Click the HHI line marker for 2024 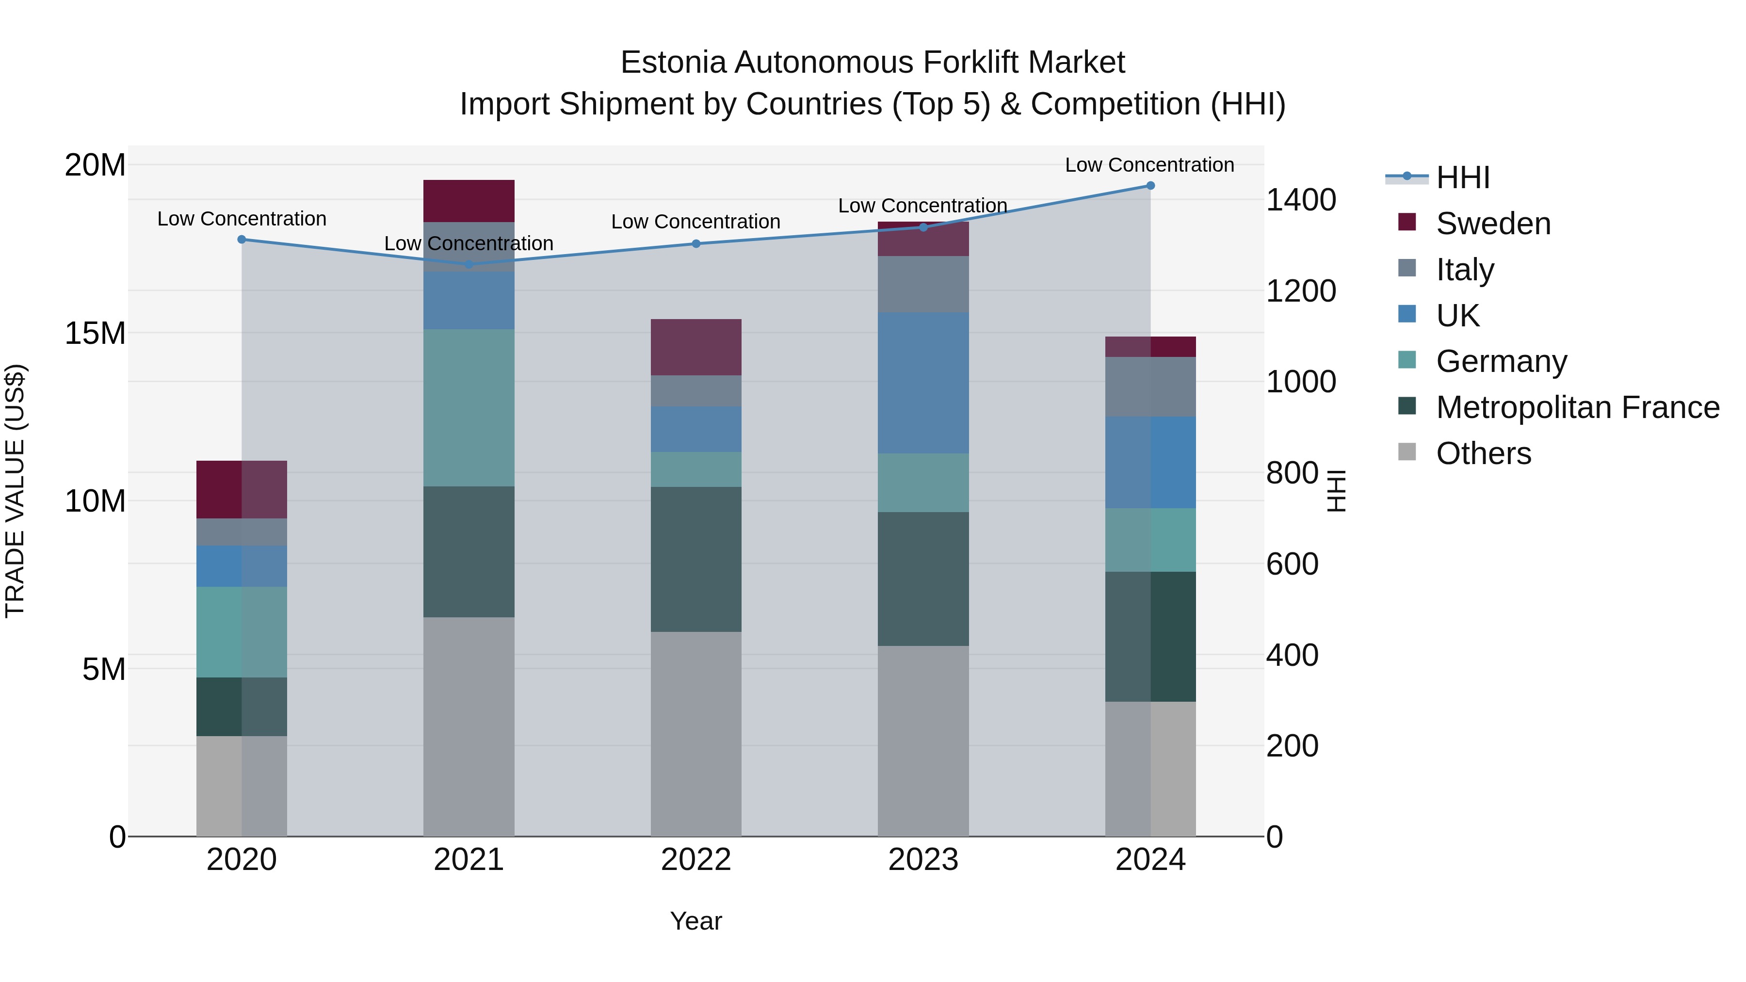click(1150, 186)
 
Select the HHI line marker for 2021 click(469, 264)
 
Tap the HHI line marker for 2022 click(696, 243)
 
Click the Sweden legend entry click(1492, 224)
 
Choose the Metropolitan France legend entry click(1577, 407)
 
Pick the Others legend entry click(1483, 453)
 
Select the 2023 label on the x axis click(923, 860)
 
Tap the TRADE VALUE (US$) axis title click(15, 491)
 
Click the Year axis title click(696, 921)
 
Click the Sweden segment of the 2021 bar click(469, 201)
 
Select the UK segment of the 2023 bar click(923, 383)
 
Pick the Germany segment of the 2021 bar click(469, 407)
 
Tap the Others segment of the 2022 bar click(696, 734)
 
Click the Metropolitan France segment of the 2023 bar click(923, 579)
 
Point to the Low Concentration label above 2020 click(242, 219)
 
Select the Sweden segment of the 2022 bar click(696, 347)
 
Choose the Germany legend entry click(1501, 361)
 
